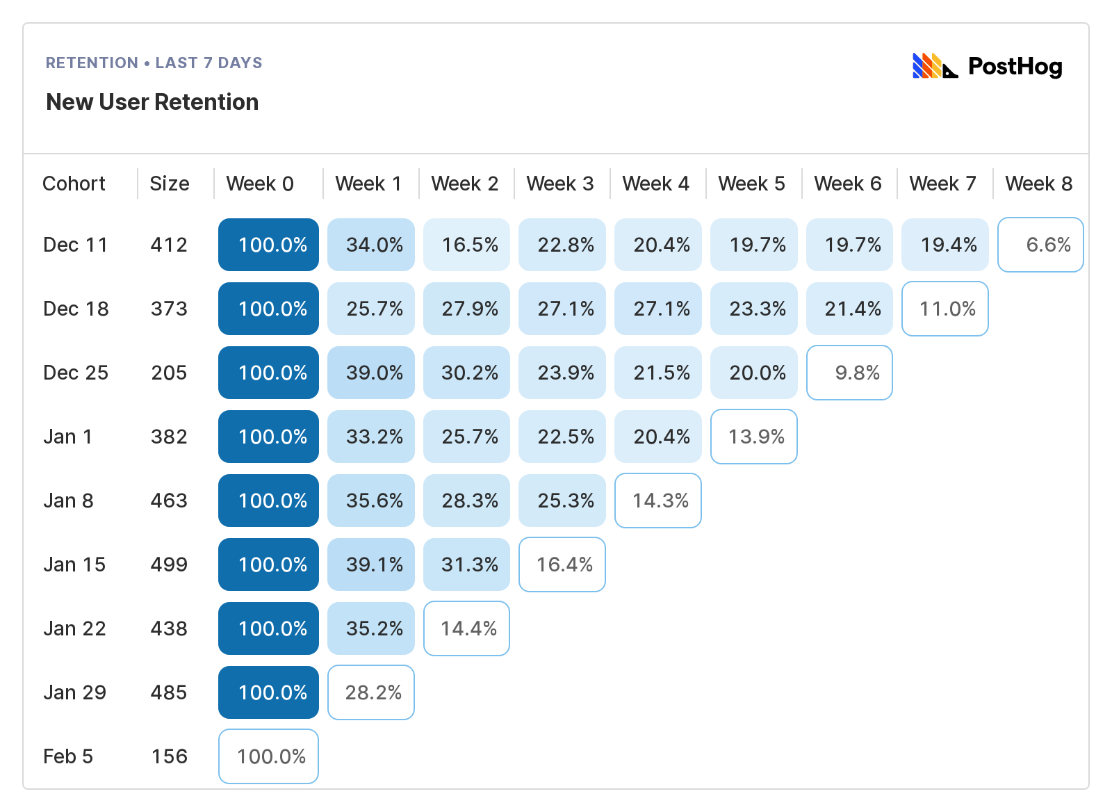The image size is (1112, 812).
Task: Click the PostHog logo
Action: (987, 67)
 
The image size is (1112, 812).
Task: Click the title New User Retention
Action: (152, 102)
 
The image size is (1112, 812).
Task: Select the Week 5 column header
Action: (751, 184)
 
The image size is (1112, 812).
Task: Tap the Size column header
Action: (170, 184)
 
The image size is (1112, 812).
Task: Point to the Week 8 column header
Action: (1038, 184)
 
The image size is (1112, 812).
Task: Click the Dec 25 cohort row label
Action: (76, 373)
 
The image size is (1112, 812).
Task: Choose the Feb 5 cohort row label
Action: (68, 756)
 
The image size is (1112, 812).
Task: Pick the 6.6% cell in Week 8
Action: (1040, 245)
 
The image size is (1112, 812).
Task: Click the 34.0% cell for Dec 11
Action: (371, 245)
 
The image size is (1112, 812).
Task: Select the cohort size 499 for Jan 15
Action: (169, 565)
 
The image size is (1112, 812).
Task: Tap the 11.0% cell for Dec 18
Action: (945, 309)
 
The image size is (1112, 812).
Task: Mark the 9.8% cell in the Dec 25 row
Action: (849, 373)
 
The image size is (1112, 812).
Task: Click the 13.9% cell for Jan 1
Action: (754, 437)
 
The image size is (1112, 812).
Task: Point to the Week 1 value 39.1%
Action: (371, 565)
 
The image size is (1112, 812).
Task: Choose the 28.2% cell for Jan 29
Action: (371, 692)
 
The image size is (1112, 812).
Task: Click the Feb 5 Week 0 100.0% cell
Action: (269, 756)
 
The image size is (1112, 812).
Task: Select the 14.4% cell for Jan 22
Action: (467, 628)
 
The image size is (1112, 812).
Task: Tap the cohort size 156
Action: (170, 756)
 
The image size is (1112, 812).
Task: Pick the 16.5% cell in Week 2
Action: (467, 245)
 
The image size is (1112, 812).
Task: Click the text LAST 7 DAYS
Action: (208, 63)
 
